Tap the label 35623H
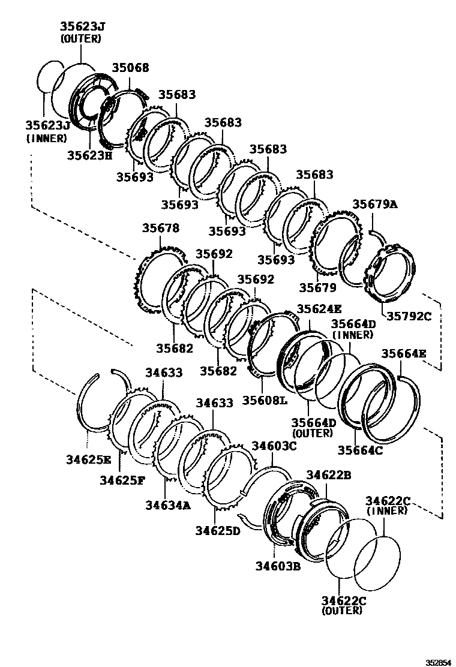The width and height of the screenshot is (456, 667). point(89,155)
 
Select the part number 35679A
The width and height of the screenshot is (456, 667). point(374,204)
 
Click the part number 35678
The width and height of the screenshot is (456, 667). point(160,229)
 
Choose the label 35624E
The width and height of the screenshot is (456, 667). point(319,310)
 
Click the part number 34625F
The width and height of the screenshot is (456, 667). point(122,480)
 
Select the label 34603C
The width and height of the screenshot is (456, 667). point(274,446)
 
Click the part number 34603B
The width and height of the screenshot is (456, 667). point(277,564)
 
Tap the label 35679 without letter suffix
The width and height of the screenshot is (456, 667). point(317,287)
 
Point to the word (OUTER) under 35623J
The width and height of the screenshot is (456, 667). point(80,38)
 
